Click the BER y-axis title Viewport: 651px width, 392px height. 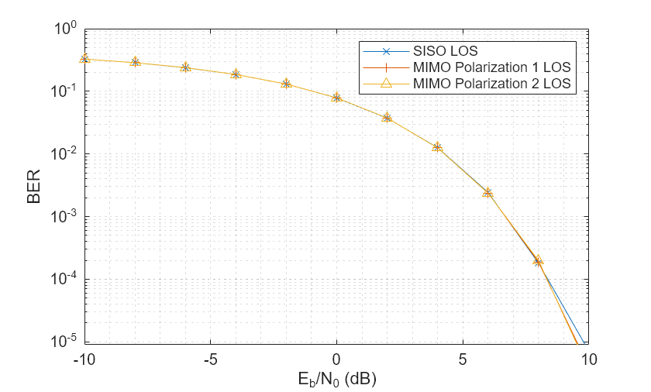[x=33, y=187]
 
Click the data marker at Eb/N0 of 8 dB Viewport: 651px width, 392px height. [x=538, y=262]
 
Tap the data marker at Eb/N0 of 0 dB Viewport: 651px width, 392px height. [x=336, y=98]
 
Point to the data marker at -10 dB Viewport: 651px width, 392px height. [x=84, y=59]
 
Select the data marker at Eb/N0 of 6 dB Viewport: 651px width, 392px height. [x=487, y=192]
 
